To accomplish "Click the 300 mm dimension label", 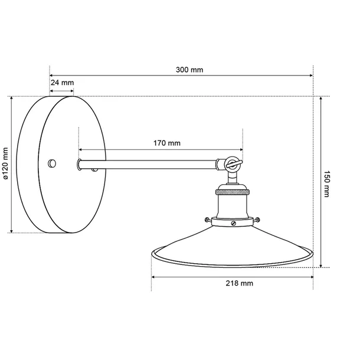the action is click(189, 70).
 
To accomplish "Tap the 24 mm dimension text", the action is click(62, 83).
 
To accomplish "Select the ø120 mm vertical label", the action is click(5, 163).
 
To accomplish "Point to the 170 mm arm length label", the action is click(167, 143).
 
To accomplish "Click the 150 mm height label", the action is click(326, 184).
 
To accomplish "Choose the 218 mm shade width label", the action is click(239, 283).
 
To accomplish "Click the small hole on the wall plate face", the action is click(52, 163).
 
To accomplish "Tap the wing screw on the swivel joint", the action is click(234, 163).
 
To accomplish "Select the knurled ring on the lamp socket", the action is click(233, 192).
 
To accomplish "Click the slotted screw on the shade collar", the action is click(234, 223).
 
